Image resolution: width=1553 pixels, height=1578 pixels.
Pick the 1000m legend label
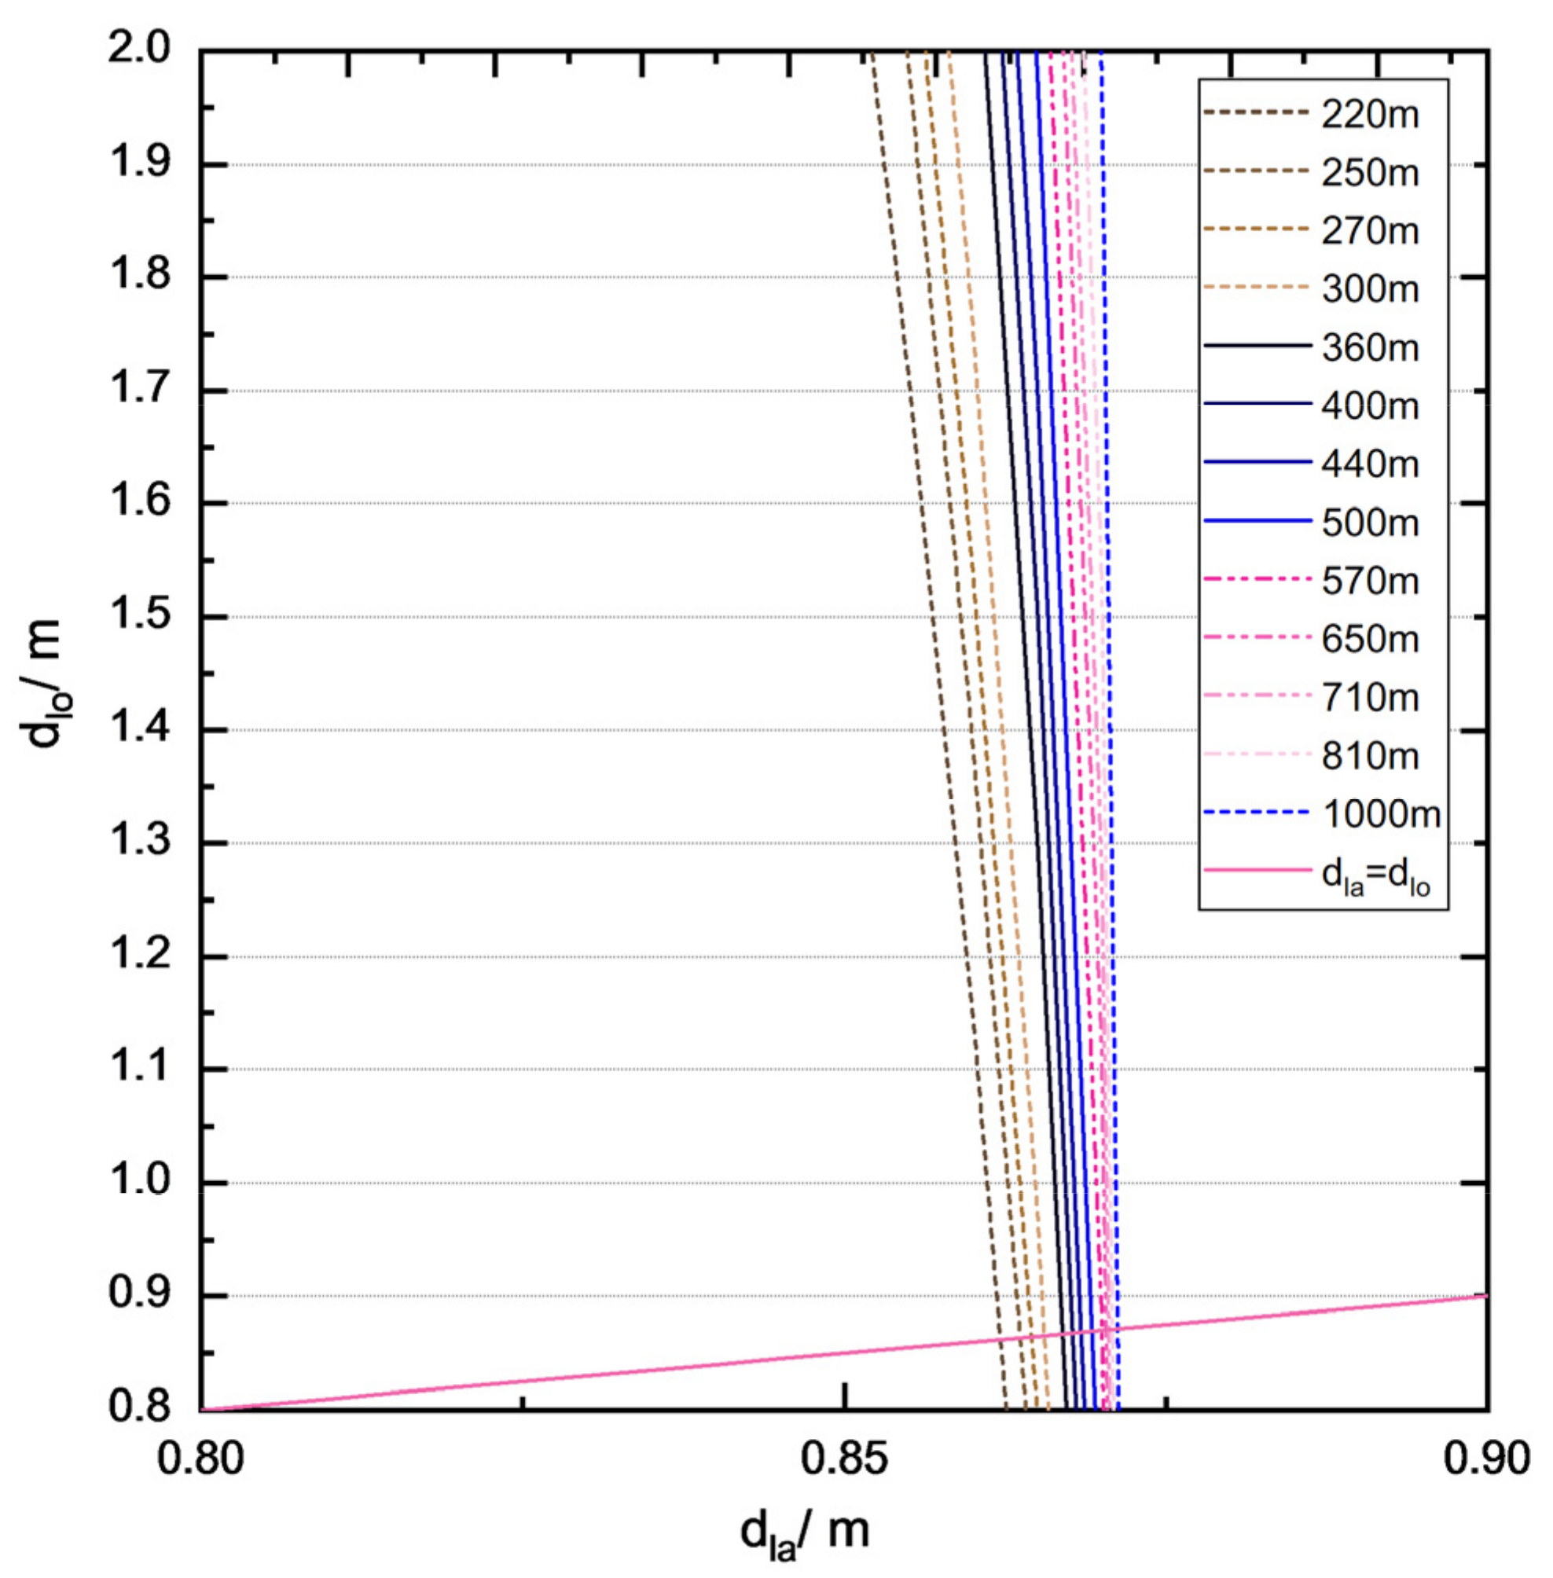[1381, 814]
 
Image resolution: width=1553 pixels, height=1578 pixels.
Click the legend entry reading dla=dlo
[1375, 876]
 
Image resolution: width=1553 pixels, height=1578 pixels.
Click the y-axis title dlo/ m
[45, 684]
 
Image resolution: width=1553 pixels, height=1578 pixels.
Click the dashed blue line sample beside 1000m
[1257, 813]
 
